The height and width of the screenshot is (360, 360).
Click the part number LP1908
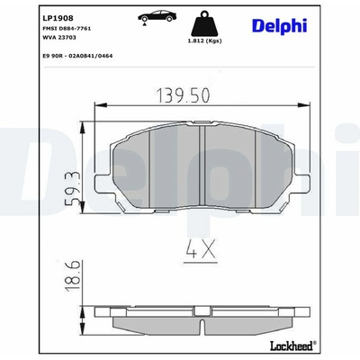[x=58, y=18]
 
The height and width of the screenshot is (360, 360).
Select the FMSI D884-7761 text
[x=67, y=29]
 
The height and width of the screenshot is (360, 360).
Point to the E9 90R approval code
[x=78, y=56]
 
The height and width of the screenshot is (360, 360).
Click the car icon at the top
[x=156, y=17]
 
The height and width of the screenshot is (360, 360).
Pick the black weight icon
[x=204, y=23]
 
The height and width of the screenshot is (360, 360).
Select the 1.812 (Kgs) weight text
[x=204, y=40]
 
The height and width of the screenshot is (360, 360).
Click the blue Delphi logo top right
[x=279, y=25]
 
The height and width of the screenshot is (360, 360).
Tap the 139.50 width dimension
[x=184, y=95]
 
